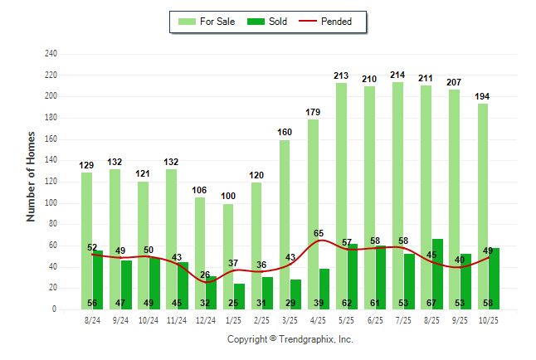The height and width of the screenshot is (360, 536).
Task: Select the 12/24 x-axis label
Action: coord(206,319)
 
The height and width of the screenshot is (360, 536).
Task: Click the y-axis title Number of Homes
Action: coord(32,176)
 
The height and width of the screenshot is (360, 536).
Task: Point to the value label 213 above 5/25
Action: coord(341,75)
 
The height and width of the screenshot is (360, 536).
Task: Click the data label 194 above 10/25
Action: coord(483,96)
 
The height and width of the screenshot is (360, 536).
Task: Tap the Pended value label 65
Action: coord(319,234)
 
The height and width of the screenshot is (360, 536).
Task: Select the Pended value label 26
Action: coord(206,275)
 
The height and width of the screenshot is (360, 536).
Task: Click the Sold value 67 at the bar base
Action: coord(432,303)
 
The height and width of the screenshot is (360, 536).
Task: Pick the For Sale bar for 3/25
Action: coord(285,224)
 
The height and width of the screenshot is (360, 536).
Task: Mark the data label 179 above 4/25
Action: coord(313,112)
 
